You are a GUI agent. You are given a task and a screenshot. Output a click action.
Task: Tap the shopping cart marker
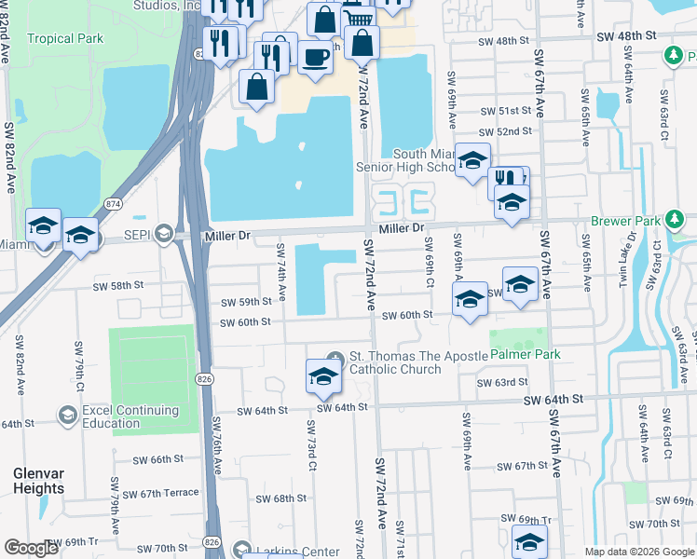[357, 15]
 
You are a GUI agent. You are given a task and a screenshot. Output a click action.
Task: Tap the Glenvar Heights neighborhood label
[38, 481]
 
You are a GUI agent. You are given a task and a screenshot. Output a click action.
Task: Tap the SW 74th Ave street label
[280, 272]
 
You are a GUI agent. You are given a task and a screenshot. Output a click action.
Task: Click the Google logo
[32, 548]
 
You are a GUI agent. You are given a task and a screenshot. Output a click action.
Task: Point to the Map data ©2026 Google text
[638, 552]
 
